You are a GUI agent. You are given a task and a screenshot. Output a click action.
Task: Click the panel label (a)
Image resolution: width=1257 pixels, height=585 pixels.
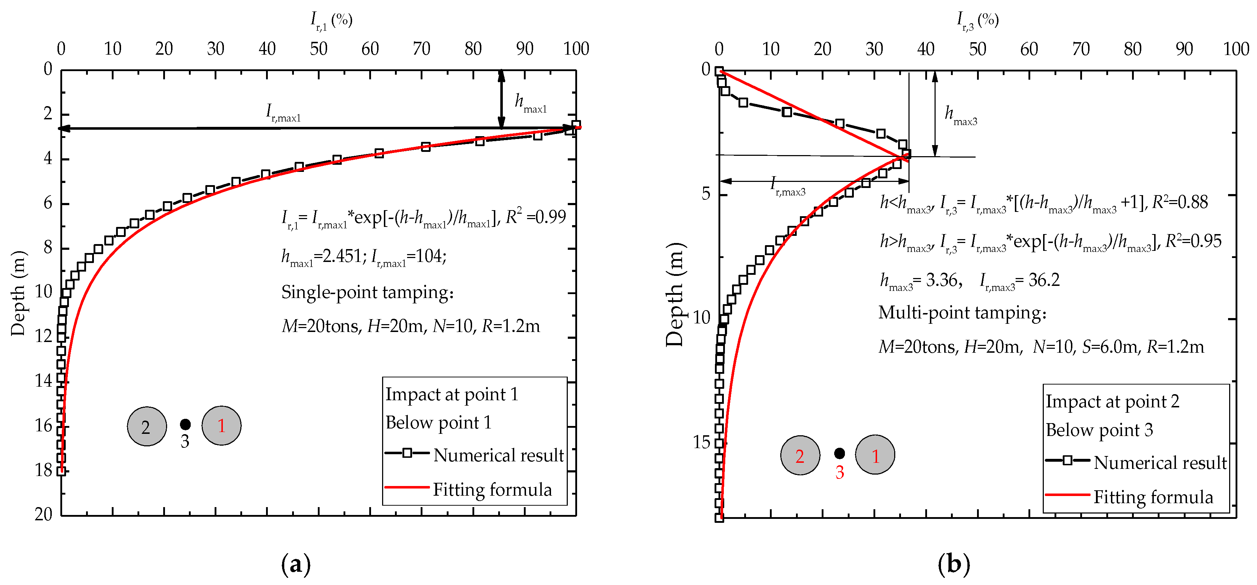pyautogui.click(x=296, y=564)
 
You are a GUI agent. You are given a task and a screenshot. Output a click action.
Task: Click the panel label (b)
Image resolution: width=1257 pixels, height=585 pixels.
pyautogui.click(x=953, y=564)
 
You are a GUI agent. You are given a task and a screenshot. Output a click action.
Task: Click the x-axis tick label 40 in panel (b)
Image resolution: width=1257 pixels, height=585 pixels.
pyautogui.click(x=926, y=49)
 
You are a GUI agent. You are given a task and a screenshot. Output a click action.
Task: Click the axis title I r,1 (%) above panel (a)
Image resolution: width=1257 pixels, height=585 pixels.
pyautogui.click(x=331, y=20)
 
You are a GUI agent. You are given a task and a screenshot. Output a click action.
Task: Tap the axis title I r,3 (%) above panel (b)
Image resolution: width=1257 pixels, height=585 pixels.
pyautogui.click(x=977, y=20)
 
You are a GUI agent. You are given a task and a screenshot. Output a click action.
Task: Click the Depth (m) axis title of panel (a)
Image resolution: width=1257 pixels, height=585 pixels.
pyautogui.click(x=18, y=293)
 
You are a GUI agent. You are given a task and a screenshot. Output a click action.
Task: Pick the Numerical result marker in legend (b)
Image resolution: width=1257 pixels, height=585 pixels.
pyautogui.click(x=1067, y=460)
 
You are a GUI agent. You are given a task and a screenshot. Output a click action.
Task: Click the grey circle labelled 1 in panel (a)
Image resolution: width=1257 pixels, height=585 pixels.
pyautogui.click(x=221, y=426)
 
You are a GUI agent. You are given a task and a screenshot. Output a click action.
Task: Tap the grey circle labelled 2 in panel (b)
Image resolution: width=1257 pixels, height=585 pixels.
pyautogui.click(x=800, y=455)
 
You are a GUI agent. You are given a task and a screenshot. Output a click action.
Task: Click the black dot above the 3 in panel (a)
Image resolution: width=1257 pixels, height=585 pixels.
pyautogui.click(x=185, y=424)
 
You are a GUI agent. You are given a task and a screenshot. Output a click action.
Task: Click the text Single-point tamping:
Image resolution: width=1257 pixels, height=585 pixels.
pyautogui.click(x=367, y=292)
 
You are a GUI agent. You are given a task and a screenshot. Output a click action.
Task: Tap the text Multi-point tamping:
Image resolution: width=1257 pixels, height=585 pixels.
pyautogui.click(x=962, y=313)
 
